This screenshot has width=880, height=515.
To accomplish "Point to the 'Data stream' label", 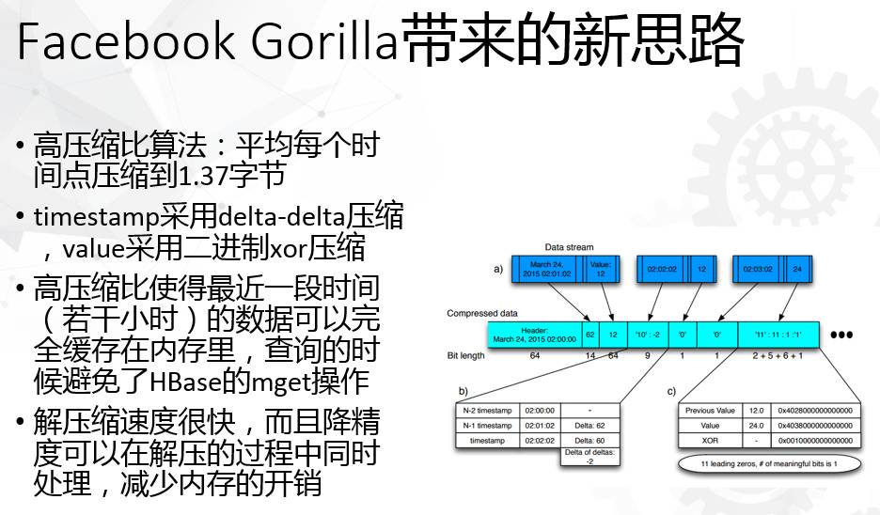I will [570, 247].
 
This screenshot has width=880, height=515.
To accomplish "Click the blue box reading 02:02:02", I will [662, 269].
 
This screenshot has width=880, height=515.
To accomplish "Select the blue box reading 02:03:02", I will [758, 269].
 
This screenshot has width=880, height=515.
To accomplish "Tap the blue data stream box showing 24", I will [797, 269].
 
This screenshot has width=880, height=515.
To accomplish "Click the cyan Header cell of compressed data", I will [534, 334].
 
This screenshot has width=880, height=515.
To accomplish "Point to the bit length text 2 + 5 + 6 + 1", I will [777, 355].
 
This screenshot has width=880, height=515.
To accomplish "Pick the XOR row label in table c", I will [710, 440].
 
